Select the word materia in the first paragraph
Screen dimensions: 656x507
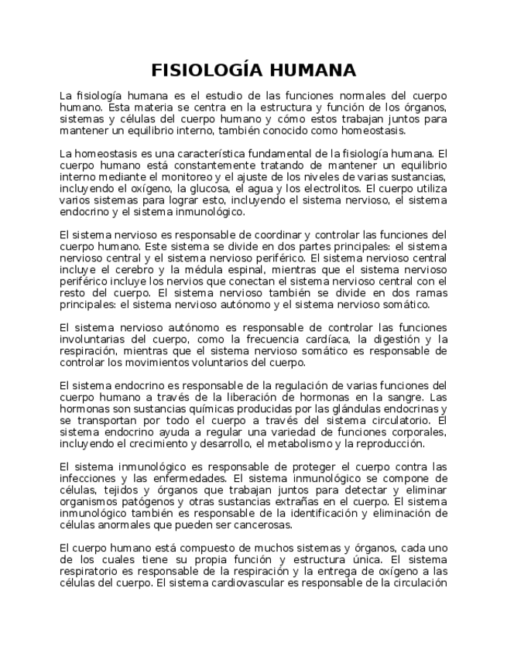coord(150,108)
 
